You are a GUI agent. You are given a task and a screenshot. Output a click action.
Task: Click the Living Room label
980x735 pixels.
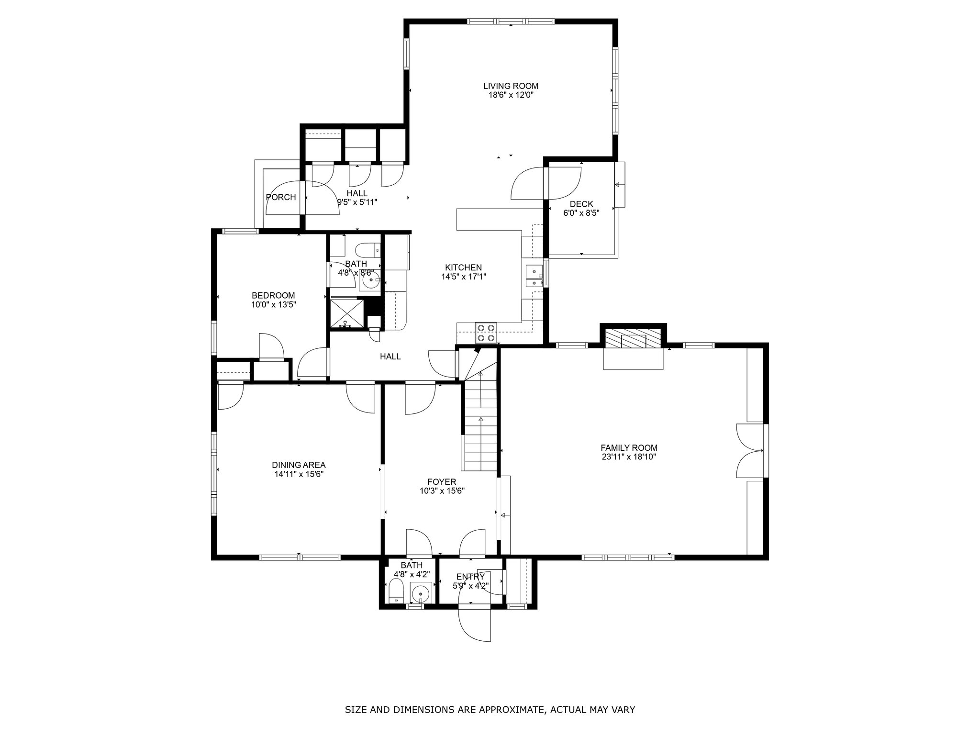tap(511, 86)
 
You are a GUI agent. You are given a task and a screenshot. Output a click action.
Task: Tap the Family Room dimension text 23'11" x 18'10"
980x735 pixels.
tap(629, 457)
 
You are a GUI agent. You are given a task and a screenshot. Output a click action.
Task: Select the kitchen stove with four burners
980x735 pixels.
tap(486, 333)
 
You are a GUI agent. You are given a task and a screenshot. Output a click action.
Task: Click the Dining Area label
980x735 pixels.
tap(299, 465)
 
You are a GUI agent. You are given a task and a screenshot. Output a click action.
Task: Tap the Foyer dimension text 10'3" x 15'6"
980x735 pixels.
tap(442, 491)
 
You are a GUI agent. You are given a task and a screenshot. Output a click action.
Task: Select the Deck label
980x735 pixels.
tap(581, 204)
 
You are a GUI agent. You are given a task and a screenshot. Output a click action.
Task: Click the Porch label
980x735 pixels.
tap(281, 197)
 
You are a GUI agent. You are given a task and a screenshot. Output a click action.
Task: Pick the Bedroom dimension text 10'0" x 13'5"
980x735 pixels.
tap(274, 304)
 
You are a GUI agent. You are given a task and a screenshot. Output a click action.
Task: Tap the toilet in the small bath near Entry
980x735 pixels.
tap(396, 591)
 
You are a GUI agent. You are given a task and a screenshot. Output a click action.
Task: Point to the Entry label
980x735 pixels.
tap(471, 577)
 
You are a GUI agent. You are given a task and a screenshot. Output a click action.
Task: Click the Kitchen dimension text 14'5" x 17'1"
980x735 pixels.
tap(463, 277)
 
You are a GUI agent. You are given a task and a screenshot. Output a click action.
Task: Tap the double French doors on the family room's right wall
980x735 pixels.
tap(749, 450)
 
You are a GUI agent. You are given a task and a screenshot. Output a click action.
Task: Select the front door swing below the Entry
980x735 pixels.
tap(475, 624)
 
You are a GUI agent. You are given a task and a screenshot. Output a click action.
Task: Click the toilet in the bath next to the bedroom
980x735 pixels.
tap(368, 250)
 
